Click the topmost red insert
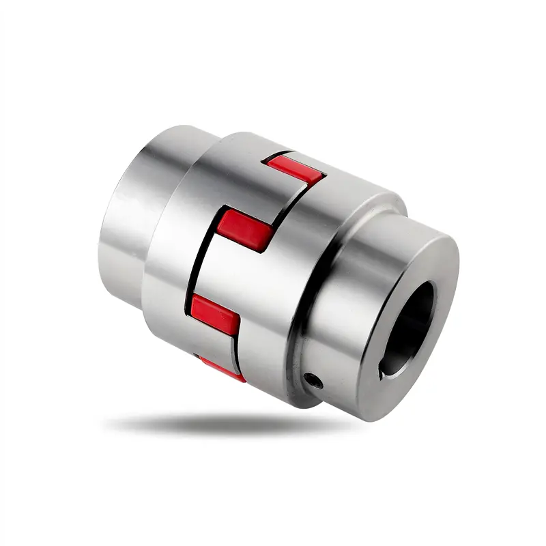click(295, 170)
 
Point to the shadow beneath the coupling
click(225, 427)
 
